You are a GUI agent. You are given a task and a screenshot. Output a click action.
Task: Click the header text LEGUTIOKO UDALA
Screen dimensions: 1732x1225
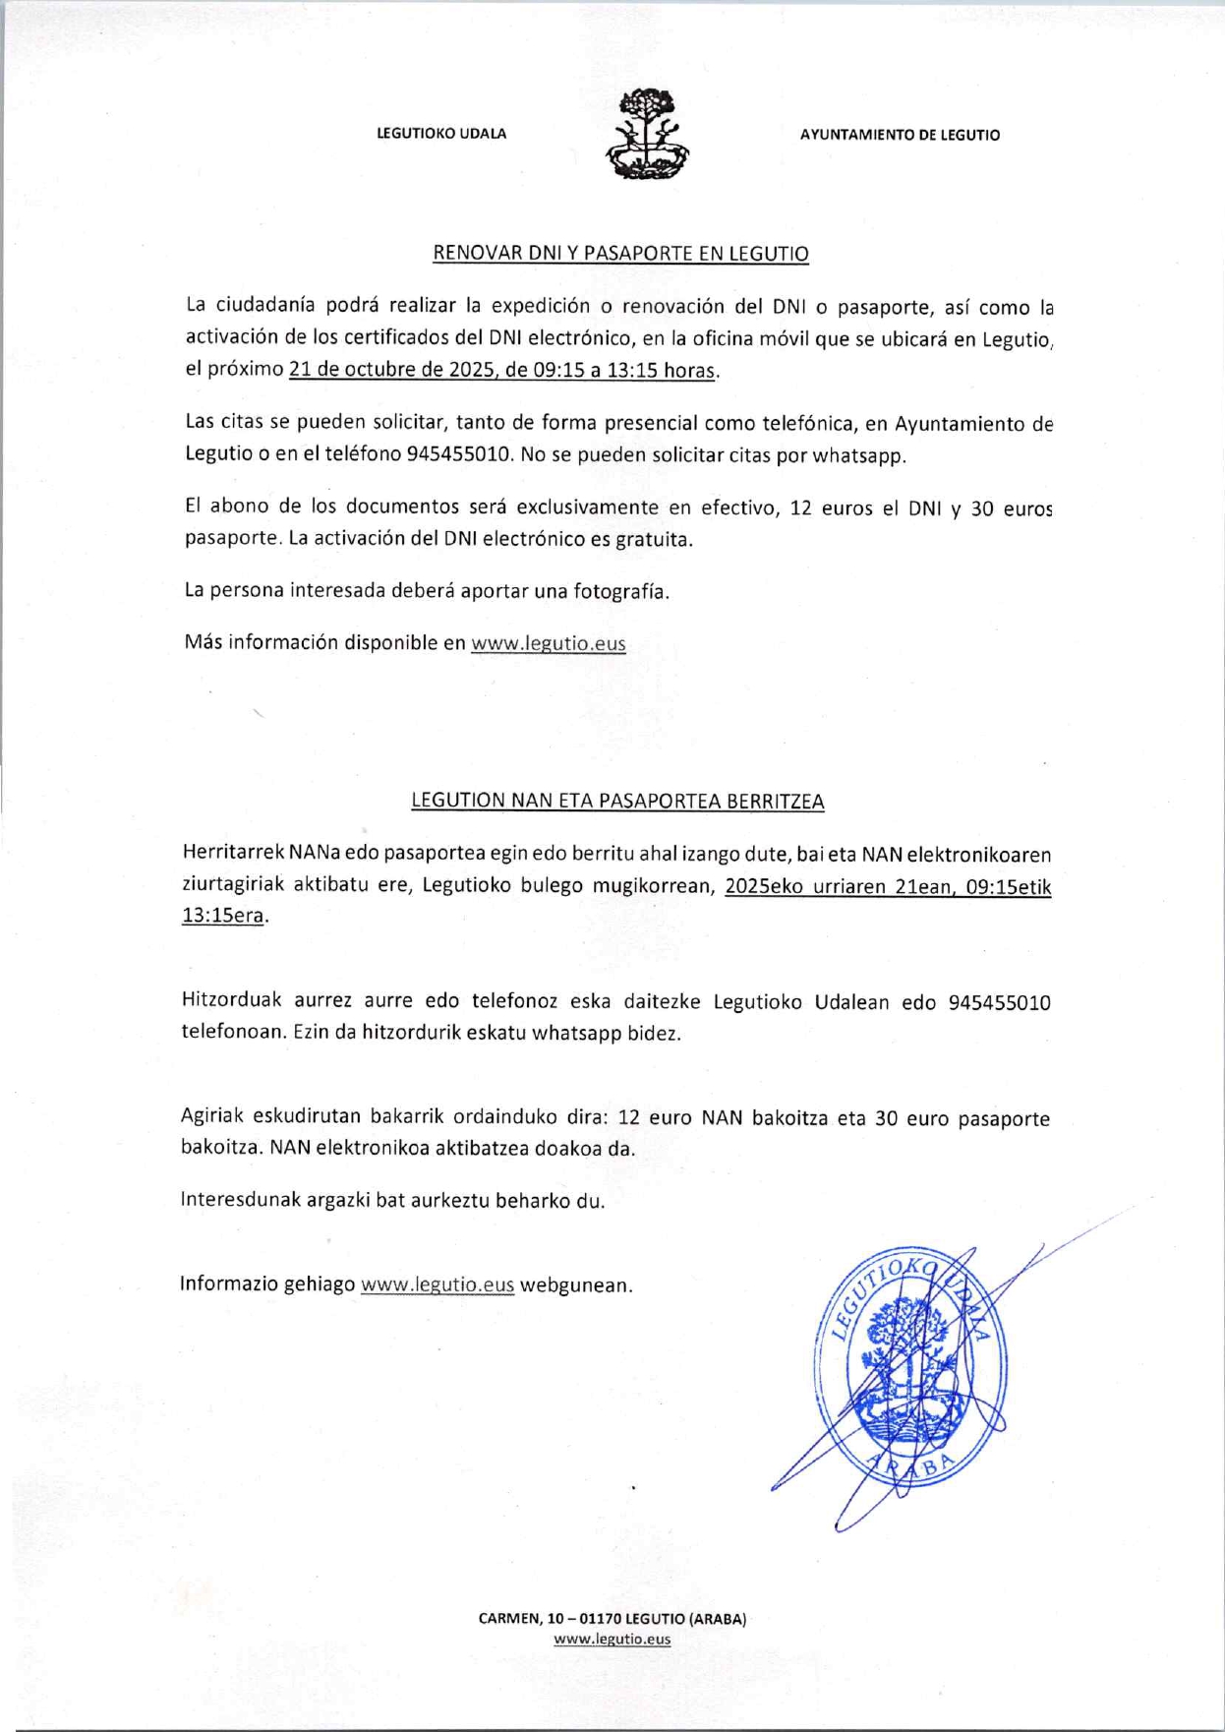pos(441,134)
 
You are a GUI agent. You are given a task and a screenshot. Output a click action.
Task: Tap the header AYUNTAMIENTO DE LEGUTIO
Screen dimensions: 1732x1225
pos(900,135)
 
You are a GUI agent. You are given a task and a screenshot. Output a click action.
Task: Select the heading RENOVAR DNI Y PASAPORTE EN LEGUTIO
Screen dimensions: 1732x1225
pos(620,253)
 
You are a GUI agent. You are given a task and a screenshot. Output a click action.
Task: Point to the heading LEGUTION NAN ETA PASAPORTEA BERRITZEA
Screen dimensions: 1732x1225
pos(617,801)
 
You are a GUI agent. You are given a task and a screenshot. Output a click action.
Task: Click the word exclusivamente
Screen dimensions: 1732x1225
pos(587,507)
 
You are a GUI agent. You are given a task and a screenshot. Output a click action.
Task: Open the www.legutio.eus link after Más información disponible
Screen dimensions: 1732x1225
pos(548,643)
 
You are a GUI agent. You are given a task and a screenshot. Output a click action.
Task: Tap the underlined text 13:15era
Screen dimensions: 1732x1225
pos(223,915)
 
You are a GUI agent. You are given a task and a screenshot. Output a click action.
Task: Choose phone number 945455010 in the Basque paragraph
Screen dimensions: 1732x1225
pos(999,1002)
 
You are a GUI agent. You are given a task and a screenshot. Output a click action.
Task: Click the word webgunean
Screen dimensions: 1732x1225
pos(574,1284)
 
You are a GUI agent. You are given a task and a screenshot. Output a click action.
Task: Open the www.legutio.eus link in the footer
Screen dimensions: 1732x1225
pos(612,1638)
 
